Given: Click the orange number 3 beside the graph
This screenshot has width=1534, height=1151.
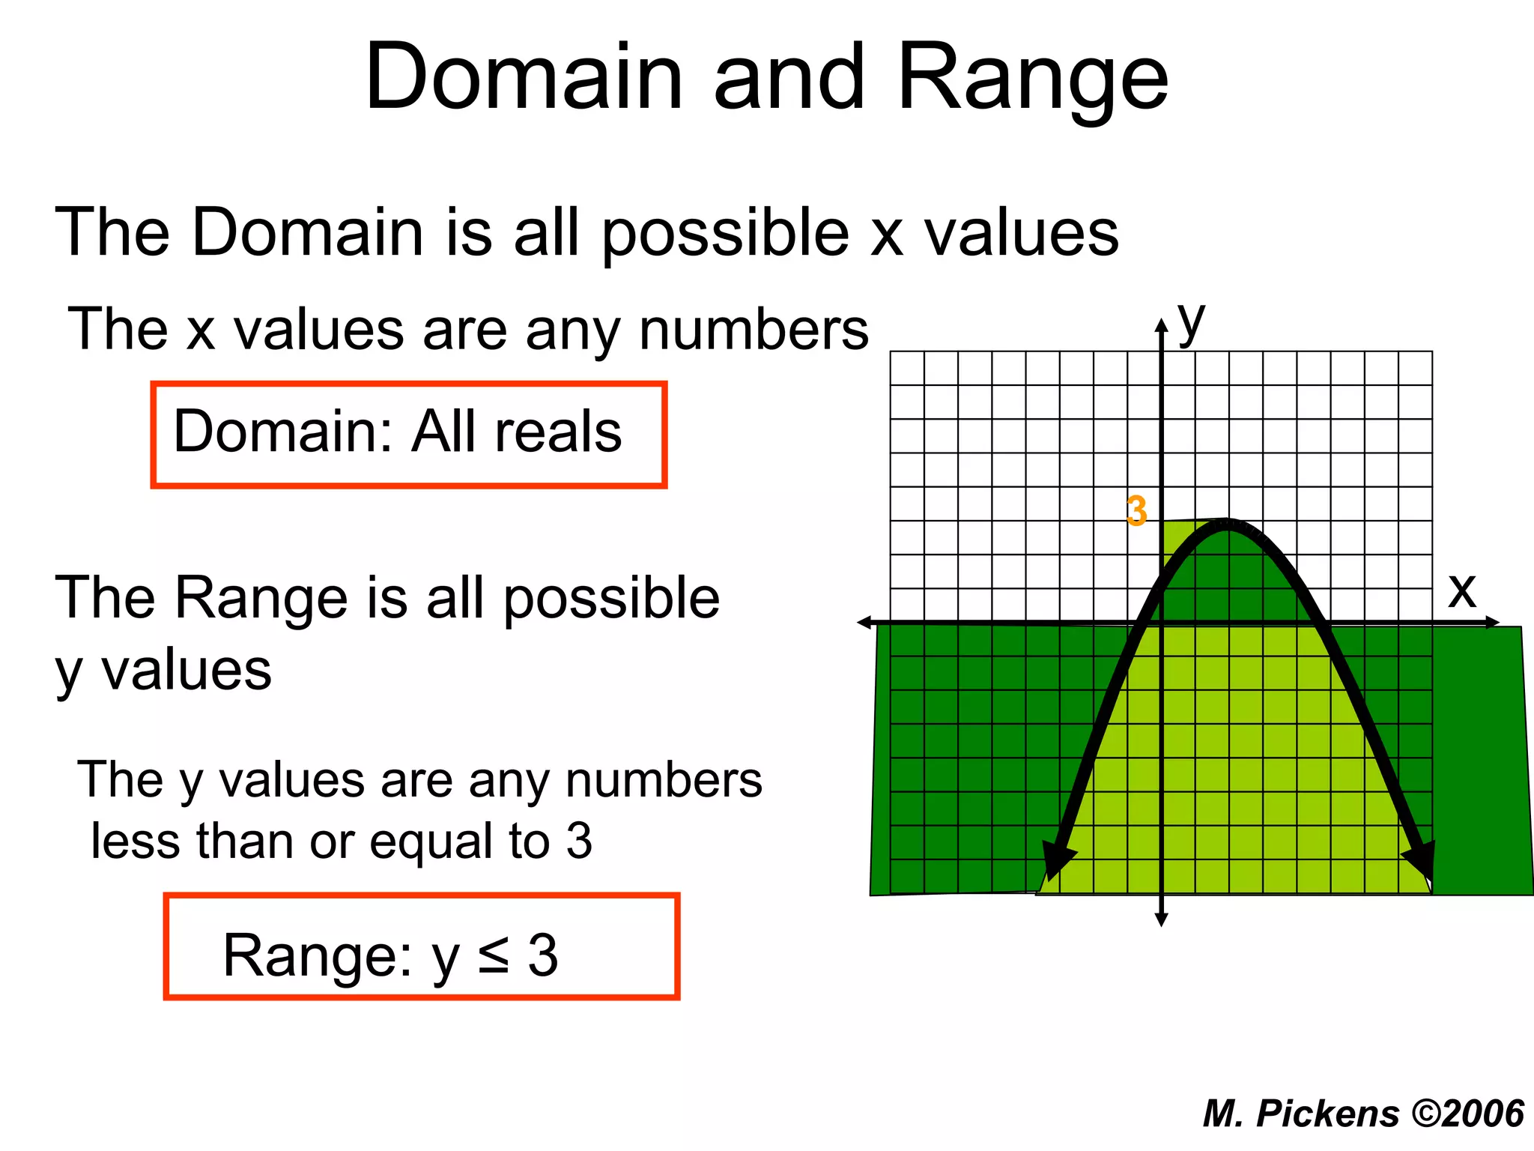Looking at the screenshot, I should point(1136,512).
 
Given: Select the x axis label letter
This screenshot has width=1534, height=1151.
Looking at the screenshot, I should point(1461,590).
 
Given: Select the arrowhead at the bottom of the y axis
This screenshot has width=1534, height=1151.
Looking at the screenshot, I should point(1161,919).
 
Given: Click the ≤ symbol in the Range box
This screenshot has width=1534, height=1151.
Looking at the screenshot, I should point(494,955).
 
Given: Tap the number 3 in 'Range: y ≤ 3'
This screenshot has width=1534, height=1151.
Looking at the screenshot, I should point(543,955).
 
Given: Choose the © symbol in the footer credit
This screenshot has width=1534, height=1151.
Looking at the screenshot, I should point(1426,1113).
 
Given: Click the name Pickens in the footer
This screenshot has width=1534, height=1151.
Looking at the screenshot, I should point(1327,1114).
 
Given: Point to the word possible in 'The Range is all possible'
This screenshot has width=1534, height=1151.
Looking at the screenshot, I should point(610,599).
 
